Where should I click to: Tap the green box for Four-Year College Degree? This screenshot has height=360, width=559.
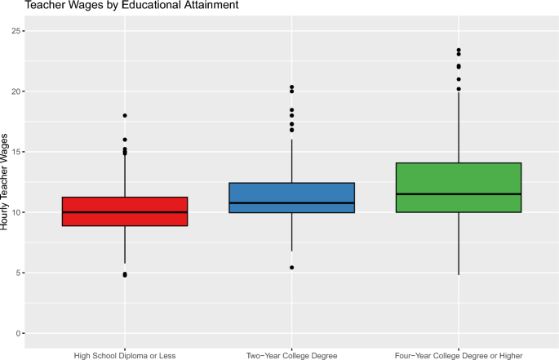[x=458, y=180]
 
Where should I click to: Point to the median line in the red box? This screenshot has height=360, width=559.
[x=125, y=212]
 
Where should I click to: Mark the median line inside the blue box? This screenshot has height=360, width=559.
[x=291, y=202]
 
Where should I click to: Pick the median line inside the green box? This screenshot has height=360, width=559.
[x=458, y=194]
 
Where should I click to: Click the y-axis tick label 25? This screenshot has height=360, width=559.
[x=16, y=31]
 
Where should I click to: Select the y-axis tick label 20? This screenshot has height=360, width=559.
[x=16, y=91]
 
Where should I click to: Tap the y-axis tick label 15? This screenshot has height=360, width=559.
[x=16, y=152]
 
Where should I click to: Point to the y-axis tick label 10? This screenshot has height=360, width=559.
[x=16, y=212]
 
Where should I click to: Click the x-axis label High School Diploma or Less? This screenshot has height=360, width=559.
[x=125, y=355]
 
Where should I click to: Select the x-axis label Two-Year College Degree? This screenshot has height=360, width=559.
[x=291, y=355]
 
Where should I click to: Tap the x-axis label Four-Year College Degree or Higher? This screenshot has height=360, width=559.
[x=458, y=355]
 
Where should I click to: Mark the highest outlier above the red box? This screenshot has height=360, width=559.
[x=125, y=116]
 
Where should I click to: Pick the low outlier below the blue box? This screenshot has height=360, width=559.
[x=291, y=268]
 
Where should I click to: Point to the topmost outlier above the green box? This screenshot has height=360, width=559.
[x=459, y=51]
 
